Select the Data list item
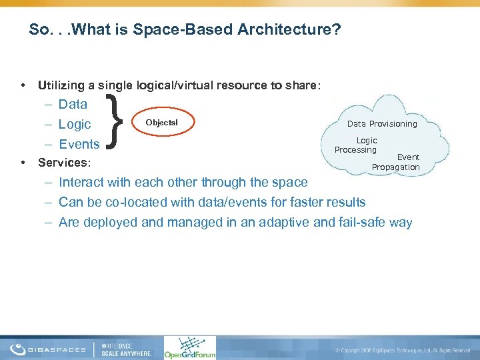(x=73, y=104)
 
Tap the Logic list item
(x=75, y=124)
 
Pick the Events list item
(x=79, y=144)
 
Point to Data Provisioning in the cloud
(x=382, y=123)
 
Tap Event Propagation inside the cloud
(x=397, y=162)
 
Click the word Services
(x=65, y=163)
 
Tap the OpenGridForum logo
(x=190, y=347)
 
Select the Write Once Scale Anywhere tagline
(x=126, y=349)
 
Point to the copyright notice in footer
(x=404, y=350)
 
